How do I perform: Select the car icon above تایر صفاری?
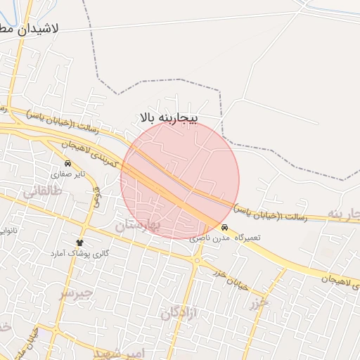pyautogui.click(x=67, y=163)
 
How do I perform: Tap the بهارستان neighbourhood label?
pyautogui.click(x=139, y=225)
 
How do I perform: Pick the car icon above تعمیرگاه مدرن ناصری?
pyautogui.click(x=224, y=228)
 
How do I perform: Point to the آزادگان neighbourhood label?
pyautogui.click(x=180, y=312)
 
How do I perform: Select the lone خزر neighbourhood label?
pyautogui.click(x=258, y=304)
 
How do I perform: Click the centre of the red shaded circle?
pyautogui.click(x=180, y=180)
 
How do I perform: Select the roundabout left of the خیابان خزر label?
pyautogui.click(x=196, y=259)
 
